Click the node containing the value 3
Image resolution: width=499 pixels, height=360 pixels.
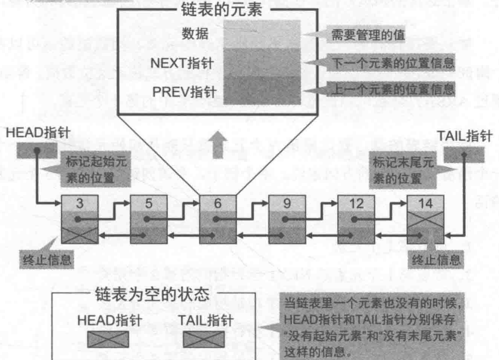click(x=80, y=219)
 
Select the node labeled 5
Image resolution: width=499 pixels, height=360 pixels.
click(x=149, y=219)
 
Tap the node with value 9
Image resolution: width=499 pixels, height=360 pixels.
click(x=287, y=219)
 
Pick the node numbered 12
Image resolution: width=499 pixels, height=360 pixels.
click(x=356, y=219)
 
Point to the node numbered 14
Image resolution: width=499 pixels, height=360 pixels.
click(x=426, y=219)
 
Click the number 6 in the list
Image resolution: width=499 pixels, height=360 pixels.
click(x=218, y=203)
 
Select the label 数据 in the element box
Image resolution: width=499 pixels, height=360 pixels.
click(x=195, y=34)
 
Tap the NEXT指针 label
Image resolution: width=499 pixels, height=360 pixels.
click(x=182, y=63)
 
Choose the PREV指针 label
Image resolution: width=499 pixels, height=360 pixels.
click(x=184, y=92)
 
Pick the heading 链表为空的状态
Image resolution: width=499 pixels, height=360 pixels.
click(x=152, y=294)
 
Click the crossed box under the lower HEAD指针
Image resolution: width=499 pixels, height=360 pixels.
click(x=108, y=339)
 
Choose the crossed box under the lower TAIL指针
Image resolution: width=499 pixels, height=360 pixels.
click(x=204, y=339)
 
